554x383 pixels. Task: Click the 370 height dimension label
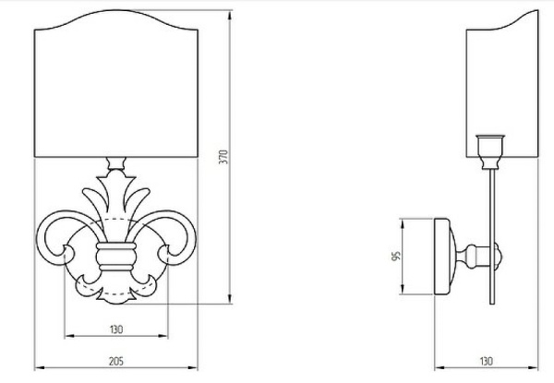tap(223, 157)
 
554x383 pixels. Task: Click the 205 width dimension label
tap(116, 362)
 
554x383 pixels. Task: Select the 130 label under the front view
tap(116, 329)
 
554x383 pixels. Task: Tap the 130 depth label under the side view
tap(487, 362)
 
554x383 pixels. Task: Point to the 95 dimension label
tap(396, 256)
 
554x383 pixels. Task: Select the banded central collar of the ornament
tap(116, 257)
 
